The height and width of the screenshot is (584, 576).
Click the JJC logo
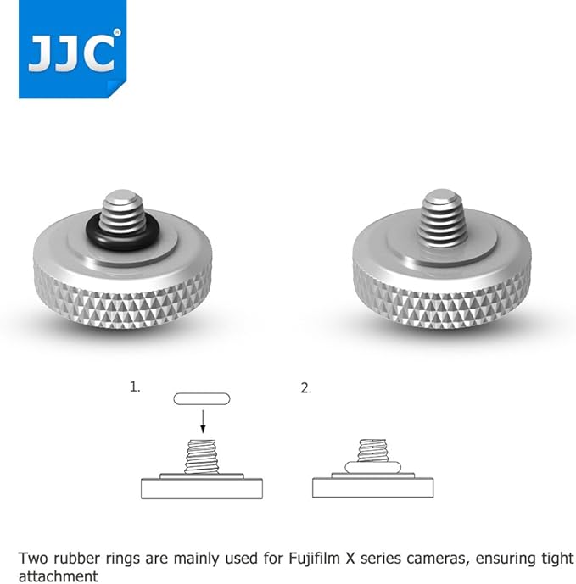72,49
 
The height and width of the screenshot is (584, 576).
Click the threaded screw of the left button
123,212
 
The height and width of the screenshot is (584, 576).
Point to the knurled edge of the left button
123,302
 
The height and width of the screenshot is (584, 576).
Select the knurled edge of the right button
442,302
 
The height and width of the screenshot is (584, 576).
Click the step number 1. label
135,387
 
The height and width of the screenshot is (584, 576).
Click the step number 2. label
305,388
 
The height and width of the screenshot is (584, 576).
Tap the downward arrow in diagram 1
203,421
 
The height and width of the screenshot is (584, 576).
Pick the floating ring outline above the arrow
202,399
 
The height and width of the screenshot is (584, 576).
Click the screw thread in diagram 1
201,457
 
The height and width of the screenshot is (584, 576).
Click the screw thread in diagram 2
372,451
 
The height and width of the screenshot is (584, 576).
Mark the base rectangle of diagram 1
202,488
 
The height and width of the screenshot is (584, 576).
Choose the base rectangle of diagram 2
372,487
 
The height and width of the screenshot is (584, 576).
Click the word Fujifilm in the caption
316,558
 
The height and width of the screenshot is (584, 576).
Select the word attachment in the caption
59,576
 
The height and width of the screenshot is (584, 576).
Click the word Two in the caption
33,558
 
